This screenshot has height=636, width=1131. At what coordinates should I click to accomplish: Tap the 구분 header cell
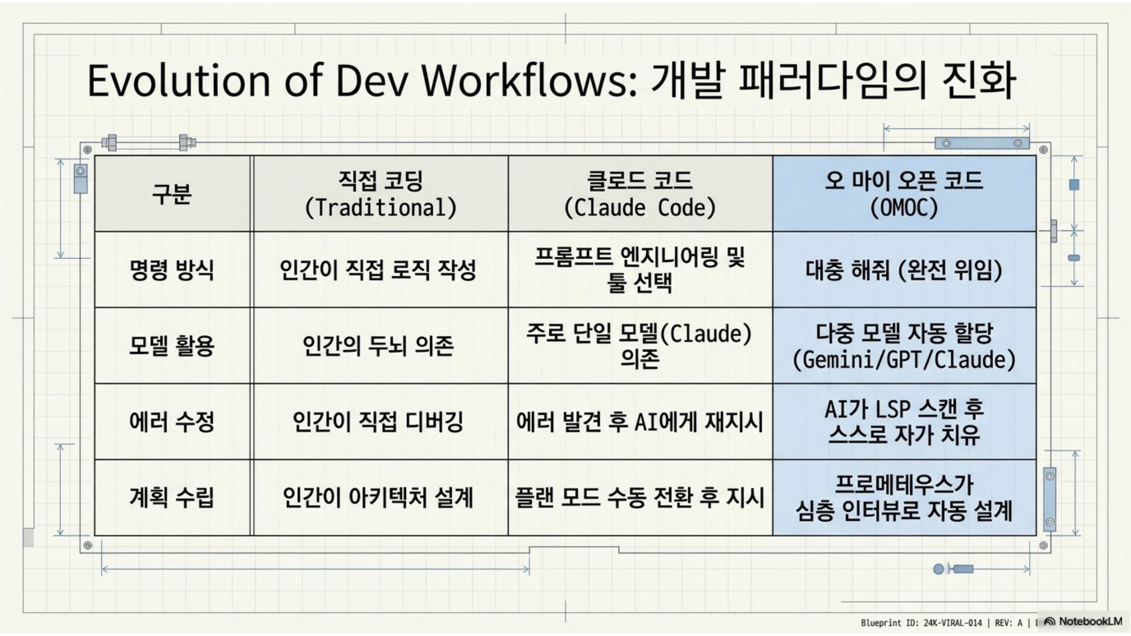click(x=172, y=194)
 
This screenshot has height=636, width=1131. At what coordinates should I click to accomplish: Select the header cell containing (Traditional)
click(x=381, y=194)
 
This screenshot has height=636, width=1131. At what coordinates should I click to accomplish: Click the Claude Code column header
click(x=640, y=194)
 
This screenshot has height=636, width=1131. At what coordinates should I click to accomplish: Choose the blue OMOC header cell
click(x=905, y=194)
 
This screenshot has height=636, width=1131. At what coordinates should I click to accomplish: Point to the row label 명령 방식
click(x=172, y=270)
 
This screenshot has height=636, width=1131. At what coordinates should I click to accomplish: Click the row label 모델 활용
click(x=172, y=346)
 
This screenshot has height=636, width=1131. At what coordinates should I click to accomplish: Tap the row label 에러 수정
click(x=172, y=421)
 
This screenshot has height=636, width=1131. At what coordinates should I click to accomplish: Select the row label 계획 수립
click(x=172, y=497)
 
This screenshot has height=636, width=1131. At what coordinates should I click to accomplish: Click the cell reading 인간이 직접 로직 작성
click(x=381, y=270)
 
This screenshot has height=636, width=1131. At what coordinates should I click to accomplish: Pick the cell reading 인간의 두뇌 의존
click(x=381, y=346)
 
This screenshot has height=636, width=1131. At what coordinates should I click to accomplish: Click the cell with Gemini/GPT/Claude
click(x=905, y=346)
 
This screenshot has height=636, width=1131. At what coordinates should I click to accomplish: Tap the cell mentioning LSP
click(x=905, y=421)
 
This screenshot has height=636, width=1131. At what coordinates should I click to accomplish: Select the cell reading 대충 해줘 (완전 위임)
click(x=905, y=270)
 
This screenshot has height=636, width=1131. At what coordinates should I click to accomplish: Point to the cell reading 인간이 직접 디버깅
click(x=381, y=421)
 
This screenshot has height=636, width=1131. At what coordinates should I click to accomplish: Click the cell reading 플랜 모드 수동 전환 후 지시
click(x=640, y=497)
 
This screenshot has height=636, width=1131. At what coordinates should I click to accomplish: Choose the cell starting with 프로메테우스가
click(x=905, y=497)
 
